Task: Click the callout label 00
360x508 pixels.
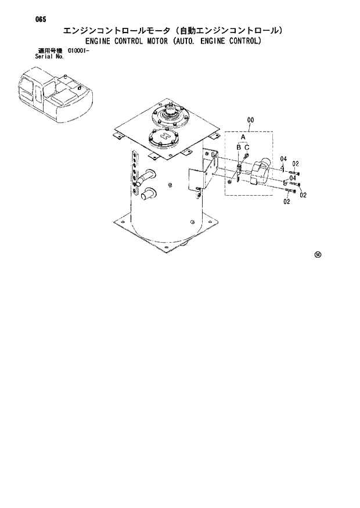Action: coord(250,121)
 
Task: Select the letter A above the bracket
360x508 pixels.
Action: coord(243,138)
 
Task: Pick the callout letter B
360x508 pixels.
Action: coord(238,149)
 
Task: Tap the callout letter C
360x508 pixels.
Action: coord(247,149)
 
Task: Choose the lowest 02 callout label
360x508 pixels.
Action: coord(287,201)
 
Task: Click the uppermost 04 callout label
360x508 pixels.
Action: coord(283,159)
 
